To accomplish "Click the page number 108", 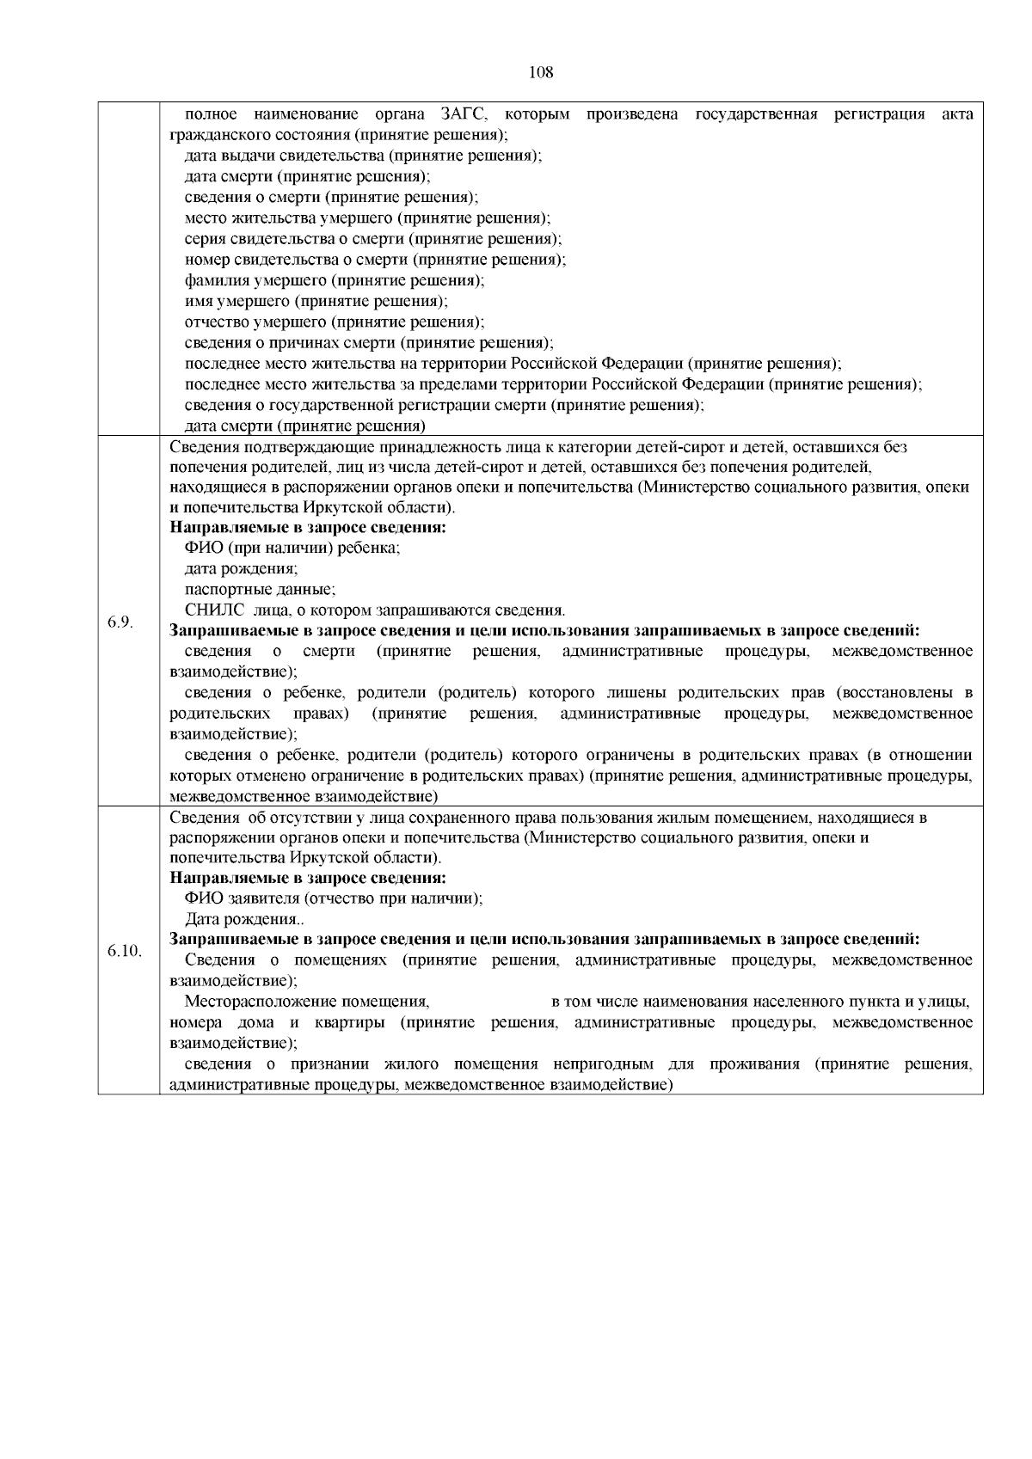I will [x=541, y=72].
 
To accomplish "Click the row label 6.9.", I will [x=120, y=622].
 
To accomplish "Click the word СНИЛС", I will [x=210, y=610].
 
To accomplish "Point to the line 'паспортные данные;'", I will [x=260, y=590].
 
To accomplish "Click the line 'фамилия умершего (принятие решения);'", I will [x=335, y=280].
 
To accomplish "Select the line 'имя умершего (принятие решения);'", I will [x=316, y=301].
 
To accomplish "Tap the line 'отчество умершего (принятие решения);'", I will [x=335, y=322].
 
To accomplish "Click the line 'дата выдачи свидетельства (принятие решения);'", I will [x=362, y=156].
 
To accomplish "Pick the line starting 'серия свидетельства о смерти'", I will [x=373, y=239].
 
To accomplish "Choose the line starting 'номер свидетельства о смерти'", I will [x=376, y=260].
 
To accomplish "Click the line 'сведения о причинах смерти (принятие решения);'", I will [x=369, y=343].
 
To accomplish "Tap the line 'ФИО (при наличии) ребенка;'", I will [x=292, y=548].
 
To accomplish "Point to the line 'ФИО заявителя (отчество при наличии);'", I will [x=334, y=898].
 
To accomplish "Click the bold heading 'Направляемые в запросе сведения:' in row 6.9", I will [x=308, y=527].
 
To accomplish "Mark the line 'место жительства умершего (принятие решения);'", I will [x=367, y=218].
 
